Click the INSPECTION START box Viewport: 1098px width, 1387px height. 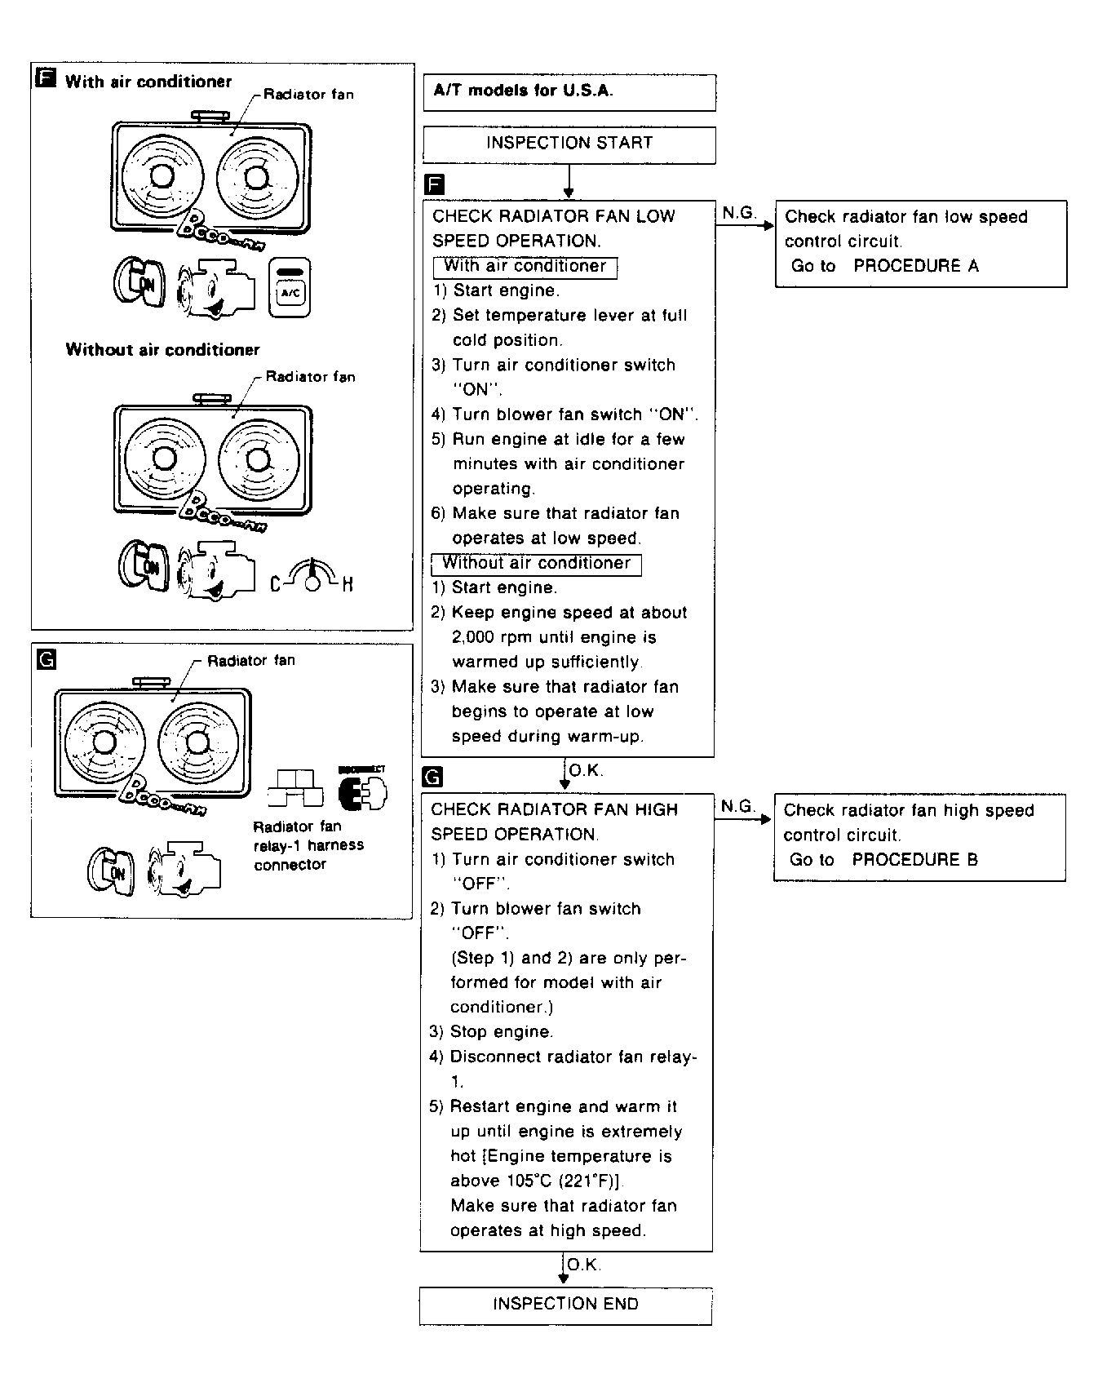569,144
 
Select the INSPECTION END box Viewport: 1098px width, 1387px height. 565,1305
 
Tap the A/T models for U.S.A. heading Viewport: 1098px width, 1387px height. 523,91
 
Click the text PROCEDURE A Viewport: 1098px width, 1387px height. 916,266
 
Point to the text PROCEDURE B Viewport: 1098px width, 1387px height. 914,860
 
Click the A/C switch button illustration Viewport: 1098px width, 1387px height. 290,289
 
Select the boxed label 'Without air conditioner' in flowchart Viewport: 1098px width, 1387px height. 536,564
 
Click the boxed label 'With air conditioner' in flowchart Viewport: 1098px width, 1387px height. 525,267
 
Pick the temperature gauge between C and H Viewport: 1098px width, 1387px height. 311,576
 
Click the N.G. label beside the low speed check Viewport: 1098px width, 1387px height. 739,213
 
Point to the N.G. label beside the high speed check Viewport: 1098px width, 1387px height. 738,806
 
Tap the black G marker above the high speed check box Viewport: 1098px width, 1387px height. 433,777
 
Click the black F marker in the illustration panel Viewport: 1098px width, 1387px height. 46,79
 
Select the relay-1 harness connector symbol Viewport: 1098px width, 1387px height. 294,788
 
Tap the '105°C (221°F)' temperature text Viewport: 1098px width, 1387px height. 537,1181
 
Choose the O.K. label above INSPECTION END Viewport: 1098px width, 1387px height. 583,1265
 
